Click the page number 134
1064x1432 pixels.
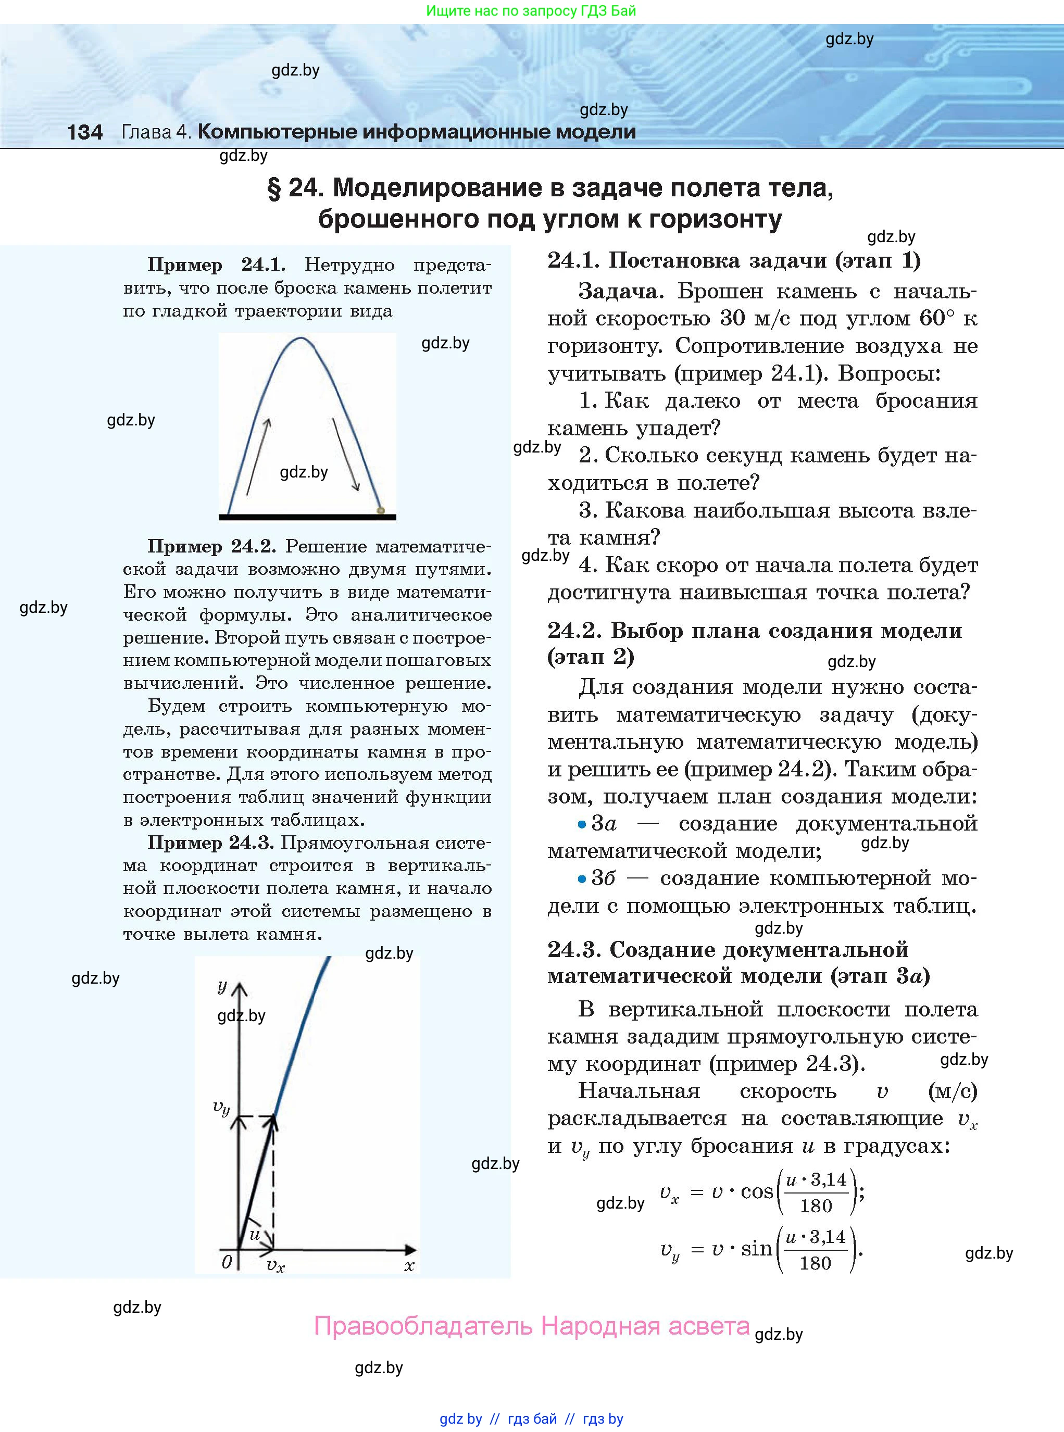pos(85,133)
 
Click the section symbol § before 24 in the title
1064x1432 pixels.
pos(274,189)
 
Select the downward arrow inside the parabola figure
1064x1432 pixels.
pos(345,455)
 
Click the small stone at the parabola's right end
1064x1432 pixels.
pos(381,510)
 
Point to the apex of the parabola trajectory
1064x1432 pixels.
pos(300,338)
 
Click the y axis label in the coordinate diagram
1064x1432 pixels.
pos(222,986)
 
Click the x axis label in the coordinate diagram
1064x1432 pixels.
pos(409,1265)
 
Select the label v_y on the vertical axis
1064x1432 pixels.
pos(221,1107)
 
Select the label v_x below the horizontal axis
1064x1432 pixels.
pos(275,1265)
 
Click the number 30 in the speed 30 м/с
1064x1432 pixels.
pos(732,318)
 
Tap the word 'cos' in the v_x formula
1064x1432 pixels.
pos(757,1192)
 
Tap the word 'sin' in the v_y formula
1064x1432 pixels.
pos(756,1249)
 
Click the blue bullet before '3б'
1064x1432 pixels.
pos(582,879)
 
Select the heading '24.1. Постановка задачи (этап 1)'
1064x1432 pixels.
pos(734,260)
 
